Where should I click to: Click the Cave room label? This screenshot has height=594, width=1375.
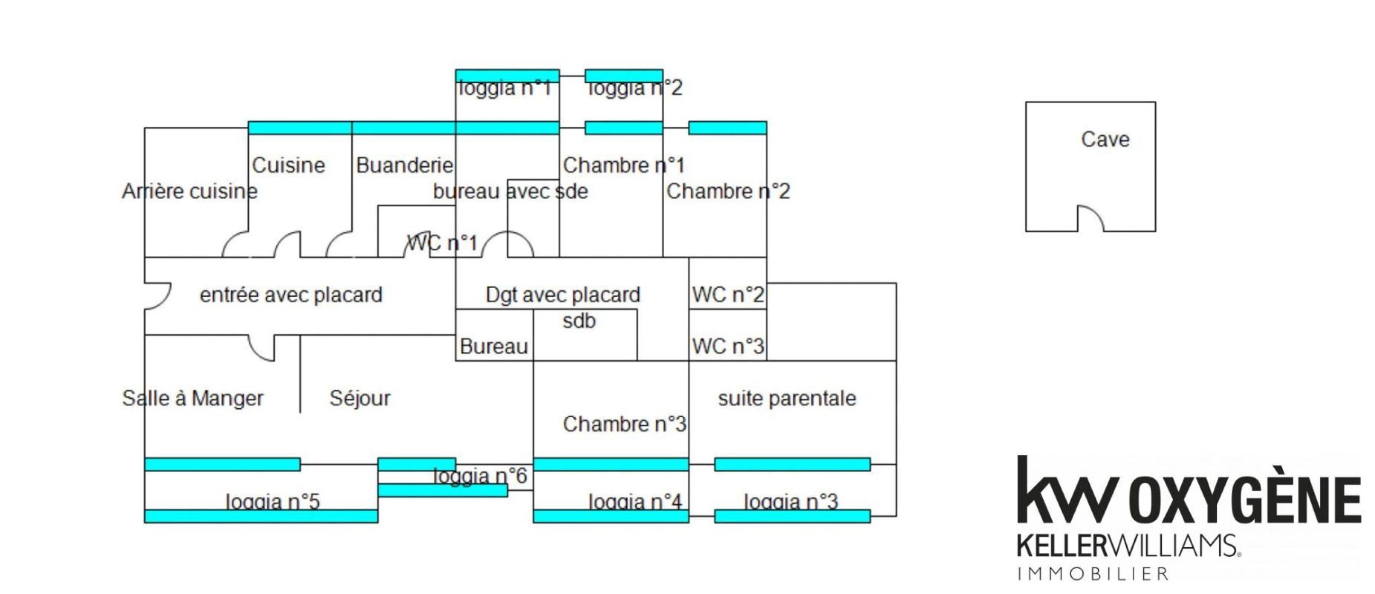click(1105, 140)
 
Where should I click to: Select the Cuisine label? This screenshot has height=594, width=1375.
click(288, 166)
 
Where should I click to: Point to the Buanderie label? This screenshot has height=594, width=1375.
click(405, 166)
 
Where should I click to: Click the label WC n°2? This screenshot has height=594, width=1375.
click(728, 295)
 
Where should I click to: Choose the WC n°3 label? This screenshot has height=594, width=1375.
click(728, 347)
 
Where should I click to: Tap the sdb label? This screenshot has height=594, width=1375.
click(579, 321)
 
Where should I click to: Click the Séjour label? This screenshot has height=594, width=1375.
click(360, 398)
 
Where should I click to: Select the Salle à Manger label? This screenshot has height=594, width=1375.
click(193, 398)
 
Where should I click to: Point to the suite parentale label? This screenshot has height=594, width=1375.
click(787, 398)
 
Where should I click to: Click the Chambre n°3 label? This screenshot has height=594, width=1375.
click(624, 424)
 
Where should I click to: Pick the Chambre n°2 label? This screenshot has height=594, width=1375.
click(728, 191)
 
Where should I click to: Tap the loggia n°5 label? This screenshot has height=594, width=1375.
click(272, 502)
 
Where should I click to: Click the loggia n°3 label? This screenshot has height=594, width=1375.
click(791, 502)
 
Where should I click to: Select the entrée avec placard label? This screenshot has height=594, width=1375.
click(291, 295)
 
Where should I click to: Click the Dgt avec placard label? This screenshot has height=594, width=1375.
click(562, 295)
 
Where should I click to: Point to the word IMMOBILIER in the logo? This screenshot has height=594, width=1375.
click(1093, 574)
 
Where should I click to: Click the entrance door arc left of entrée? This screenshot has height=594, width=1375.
click(159, 297)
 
